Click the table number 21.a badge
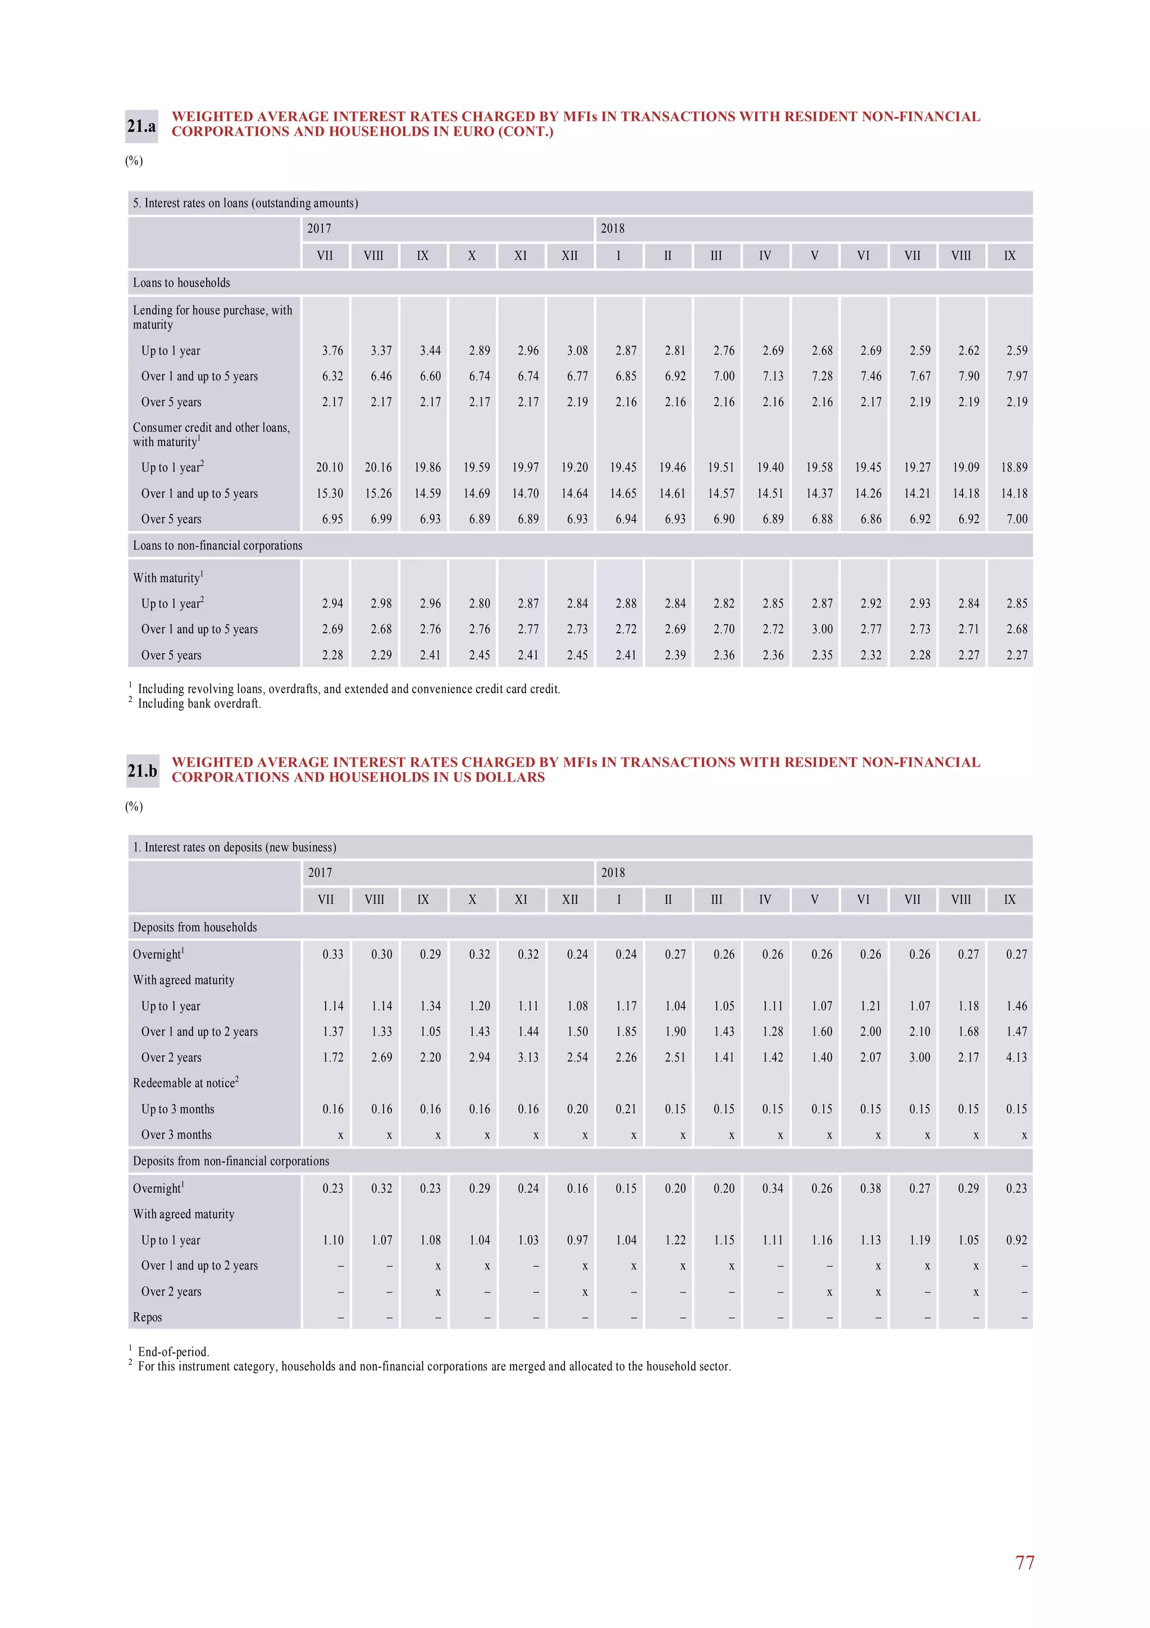point(141,126)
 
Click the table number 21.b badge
point(142,771)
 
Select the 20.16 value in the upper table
point(378,467)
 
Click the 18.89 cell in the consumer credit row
point(1013,467)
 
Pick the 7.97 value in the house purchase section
point(1016,376)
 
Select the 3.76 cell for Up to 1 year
point(332,350)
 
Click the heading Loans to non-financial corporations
point(217,545)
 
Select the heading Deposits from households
point(195,927)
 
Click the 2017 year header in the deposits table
point(320,873)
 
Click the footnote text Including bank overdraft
point(199,704)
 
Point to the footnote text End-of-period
point(174,1352)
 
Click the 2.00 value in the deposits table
point(870,1032)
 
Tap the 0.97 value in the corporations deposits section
point(577,1240)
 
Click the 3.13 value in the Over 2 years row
point(528,1057)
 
